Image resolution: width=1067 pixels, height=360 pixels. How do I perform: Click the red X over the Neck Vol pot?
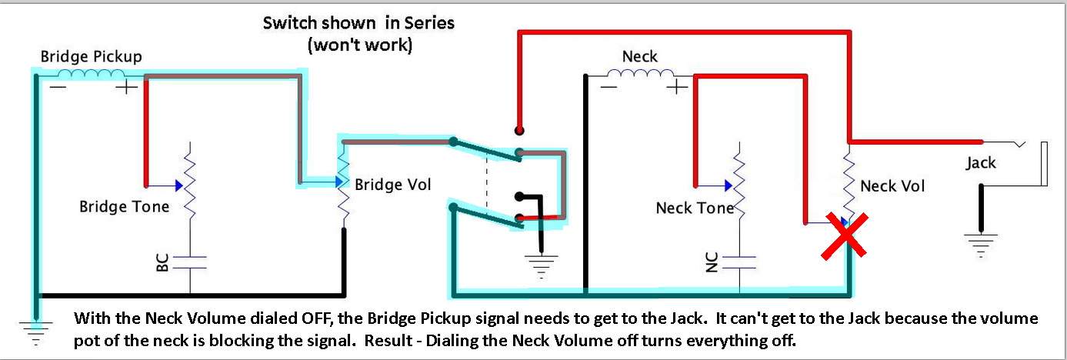pyautogui.click(x=845, y=236)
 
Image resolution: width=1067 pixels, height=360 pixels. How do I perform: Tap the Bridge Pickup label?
pyautogui.click(x=91, y=57)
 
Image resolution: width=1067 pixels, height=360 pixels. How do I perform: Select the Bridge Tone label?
pyautogui.click(x=124, y=207)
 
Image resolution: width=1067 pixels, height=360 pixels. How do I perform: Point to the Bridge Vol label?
pyautogui.click(x=392, y=185)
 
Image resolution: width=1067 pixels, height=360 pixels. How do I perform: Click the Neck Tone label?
pyautogui.click(x=695, y=208)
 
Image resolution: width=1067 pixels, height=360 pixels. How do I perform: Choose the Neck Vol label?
pyautogui.click(x=892, y=185)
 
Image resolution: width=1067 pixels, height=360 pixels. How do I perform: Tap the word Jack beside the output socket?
pyautogui.click(x=981, y=163)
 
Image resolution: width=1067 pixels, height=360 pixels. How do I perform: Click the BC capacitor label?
pyautogui.click(x=162, y=262)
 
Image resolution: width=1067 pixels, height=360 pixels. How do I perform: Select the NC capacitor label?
pyautogui.click(x=711, y=262)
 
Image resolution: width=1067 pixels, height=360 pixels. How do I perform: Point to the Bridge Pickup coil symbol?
pyautogui.click(x=91, y=74)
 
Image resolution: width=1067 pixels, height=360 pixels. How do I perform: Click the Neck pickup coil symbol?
pyautogui.click(x=641, y=74)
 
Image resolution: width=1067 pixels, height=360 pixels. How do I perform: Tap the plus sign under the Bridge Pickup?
pyautogui.click(x=127, y=87)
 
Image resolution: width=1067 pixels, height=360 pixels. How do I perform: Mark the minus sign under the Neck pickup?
pyautogui.click(x=609, y=87)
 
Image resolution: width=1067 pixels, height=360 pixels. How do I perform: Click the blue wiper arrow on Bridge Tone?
pyautogui.click(x=179, y=185)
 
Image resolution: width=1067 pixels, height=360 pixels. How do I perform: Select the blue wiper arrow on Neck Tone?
pyautogui.click(x=729, y=185)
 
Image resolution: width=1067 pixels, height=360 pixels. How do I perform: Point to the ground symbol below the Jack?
pyautogui.click(x=981, y=245)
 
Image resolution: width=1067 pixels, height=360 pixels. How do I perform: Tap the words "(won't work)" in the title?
pyautogui.click(x=359, y=45)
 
